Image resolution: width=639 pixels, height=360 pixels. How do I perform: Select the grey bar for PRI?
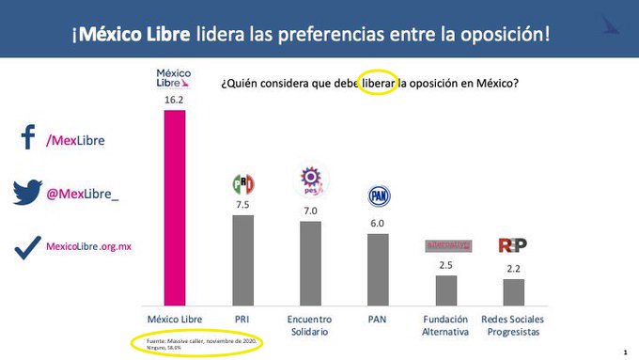tap(243, 259)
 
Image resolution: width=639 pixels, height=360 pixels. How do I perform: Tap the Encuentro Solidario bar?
tap(309, 262)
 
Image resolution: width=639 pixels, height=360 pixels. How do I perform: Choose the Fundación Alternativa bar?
tap(446, 290)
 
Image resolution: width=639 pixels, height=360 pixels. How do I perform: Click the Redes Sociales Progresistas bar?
tap(513, 291)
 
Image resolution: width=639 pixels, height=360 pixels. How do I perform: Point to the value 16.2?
tap(175, 97)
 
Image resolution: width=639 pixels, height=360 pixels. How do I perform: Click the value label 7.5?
tap(243, 204)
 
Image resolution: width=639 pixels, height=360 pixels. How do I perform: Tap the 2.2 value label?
tap(513, 269)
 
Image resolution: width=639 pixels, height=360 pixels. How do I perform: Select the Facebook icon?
tap(27, 139)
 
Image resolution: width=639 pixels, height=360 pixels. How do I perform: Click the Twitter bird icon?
tap(27, 194)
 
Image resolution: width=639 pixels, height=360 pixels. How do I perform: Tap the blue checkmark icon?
tap(27, 246)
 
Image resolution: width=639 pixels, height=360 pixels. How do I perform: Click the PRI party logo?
tap(243, 183)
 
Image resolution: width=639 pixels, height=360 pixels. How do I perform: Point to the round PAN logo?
tap(377, 196)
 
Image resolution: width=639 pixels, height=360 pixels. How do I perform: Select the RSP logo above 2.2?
tap(512, 245)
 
